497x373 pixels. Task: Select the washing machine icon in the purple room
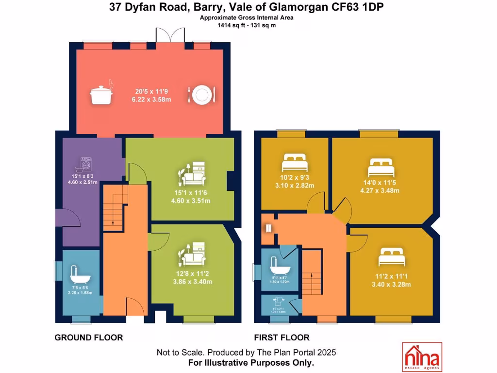[x=85, y=164]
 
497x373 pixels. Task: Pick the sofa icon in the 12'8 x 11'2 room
[x=193, y=254]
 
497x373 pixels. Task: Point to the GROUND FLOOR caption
[x=88, y=338]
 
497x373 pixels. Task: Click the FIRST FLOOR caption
[x=282, y=338]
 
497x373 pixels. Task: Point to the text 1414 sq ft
[x=231, y=25]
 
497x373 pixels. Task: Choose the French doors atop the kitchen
[x=170, y=36]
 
